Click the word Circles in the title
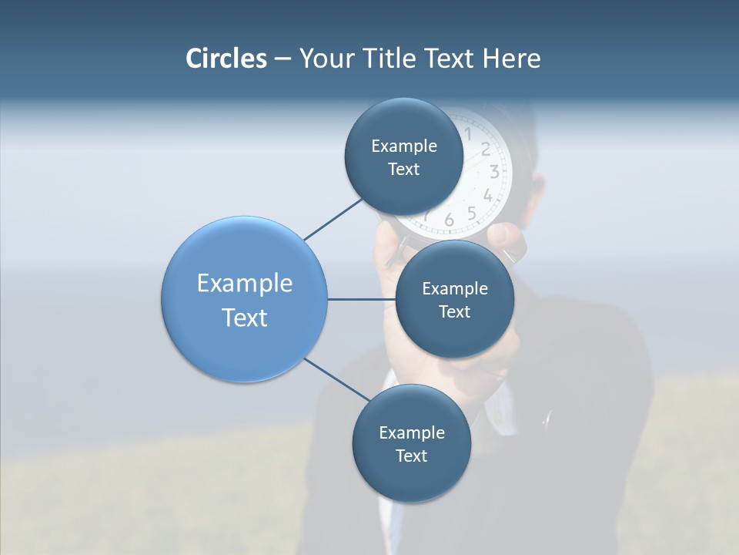[226, 59]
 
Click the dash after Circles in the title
[282, 59]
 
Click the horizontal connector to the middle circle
[361, 299]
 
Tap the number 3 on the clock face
[494, 172]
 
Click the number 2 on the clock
[486, 150]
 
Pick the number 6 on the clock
[449, 221]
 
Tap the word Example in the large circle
[244, 283]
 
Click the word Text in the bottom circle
[411, 456]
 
